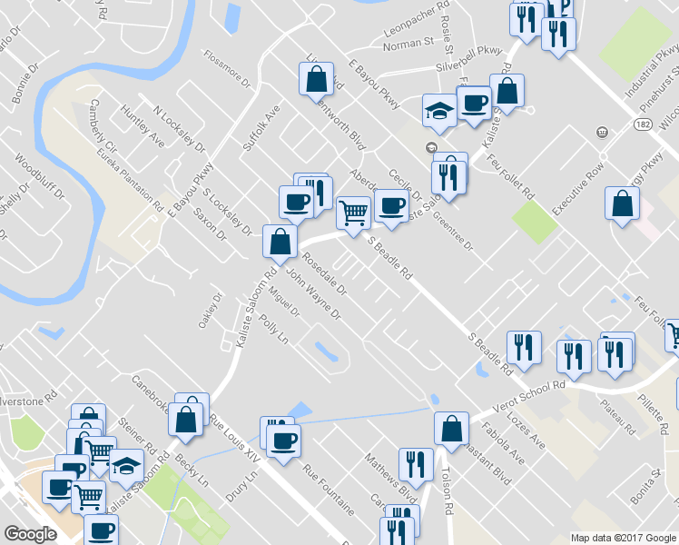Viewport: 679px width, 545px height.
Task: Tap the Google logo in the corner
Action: pyautogui.click(x=30, y=534)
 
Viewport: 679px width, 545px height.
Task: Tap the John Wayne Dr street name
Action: pyautogui.click(x=313, y=296)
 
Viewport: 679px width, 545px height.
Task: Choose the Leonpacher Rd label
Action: pyautogui.click(x=418, y=27)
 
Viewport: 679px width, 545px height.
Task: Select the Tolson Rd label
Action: pyautogui.click(x=448, y=491)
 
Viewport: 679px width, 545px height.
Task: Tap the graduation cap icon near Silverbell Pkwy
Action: pyautogui.click(x=438, y=111)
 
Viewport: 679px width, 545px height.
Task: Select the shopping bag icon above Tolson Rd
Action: pyautogui.click(x=451, y=428)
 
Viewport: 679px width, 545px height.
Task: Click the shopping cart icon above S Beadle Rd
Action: pyautogui.click(x=353, y=213)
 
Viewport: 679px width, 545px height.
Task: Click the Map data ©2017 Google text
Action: pyautogui.click(x=623, y=538)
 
